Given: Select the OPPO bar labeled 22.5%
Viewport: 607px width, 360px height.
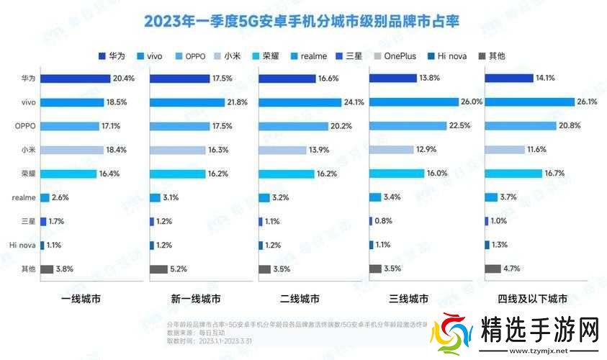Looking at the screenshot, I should (x=410, y=126).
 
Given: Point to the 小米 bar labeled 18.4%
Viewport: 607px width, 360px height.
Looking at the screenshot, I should (x=71, y=150).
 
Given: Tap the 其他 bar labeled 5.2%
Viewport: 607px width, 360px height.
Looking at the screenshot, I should (x=158, y=269).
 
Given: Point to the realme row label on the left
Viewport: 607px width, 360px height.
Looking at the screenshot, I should (x=22, y=197).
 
